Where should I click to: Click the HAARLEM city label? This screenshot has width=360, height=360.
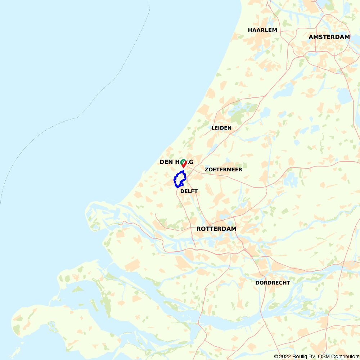point(262,30)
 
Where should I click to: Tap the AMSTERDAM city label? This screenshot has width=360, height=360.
point(329,37)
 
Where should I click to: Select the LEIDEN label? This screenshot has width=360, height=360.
point(221,128)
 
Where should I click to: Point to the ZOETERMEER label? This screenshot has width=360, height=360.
point(223,170)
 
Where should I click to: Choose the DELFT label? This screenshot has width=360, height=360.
point(189,191)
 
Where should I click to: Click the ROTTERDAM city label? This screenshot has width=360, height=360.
point(216,229)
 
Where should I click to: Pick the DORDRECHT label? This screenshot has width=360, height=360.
point(273,283)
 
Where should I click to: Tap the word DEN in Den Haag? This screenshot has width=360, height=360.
point(167,162)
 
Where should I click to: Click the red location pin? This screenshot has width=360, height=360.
point(184,164)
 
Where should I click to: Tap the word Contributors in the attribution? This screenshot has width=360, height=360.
point(344,356)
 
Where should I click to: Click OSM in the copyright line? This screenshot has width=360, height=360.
point(323,356)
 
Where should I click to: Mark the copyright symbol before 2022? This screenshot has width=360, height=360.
point(276,356)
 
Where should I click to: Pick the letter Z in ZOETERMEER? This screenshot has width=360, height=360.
point(207,170)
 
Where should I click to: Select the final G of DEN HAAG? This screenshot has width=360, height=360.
point(191,162)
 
